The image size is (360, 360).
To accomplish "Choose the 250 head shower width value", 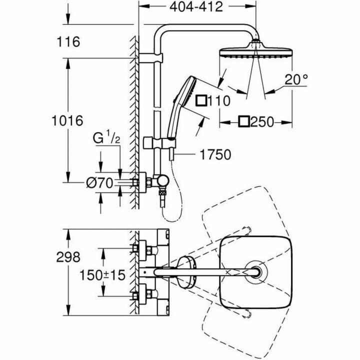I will tap(266, 122).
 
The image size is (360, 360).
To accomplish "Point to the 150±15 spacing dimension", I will tap(101, 274).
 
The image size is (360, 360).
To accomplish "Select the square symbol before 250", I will tap(245, 122).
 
